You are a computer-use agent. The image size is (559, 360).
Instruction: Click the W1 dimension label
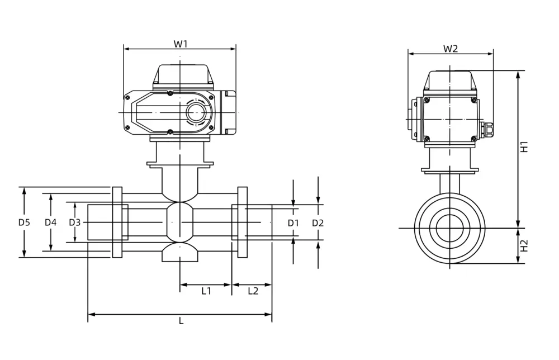[x=180, y=44]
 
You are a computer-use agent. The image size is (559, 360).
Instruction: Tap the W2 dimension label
[x=451, y=49]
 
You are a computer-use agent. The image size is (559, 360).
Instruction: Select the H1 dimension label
[x=524, y=147]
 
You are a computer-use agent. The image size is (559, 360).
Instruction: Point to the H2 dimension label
[x=524, y=245]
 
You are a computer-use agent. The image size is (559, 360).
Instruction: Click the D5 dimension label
[x=24, y=222]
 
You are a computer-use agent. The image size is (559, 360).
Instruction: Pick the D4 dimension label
[x=51, y=222]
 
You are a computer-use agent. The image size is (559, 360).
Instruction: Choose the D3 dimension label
[x=75, y=222]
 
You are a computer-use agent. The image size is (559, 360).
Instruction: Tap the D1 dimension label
[x=294, y=223]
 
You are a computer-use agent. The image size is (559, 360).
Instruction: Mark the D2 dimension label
[x=318, y=223]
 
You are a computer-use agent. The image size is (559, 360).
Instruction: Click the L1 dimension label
[x=206, y=291]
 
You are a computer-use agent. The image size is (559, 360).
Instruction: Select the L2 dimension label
[x=252, y=291]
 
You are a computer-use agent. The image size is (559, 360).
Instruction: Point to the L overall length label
[x=181, y=321]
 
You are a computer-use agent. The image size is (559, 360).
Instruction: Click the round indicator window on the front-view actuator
[x=196, y=112]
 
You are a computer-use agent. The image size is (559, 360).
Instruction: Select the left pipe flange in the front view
[x=117, y=222]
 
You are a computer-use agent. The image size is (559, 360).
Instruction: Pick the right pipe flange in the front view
[x=243, y=222]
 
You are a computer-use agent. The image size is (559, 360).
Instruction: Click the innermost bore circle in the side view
[x=449, y=228]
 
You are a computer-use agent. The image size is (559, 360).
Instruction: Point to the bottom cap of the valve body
[x=179, y=254]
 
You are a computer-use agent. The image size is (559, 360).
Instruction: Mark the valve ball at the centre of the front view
[x=179, y=222]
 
